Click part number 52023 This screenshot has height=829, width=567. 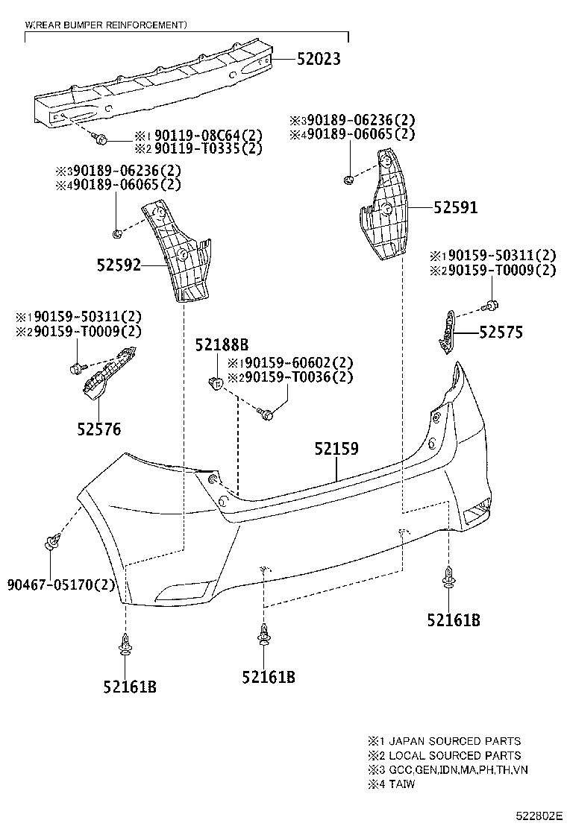(308, 60)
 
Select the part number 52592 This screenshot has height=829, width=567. (118, 264)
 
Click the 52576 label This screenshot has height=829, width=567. (98, 429)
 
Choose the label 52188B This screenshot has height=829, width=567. (222, 345)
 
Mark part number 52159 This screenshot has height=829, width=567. (336, 449)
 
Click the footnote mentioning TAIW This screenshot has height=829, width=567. (391, 784)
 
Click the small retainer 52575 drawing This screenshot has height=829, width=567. (445, 330)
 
